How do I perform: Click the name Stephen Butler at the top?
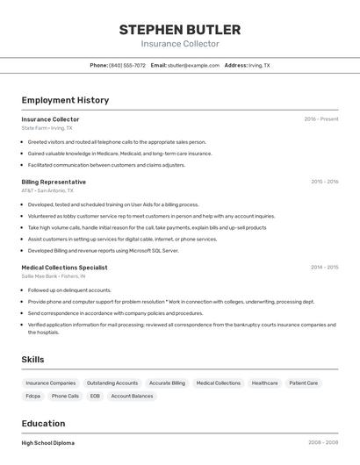click(x=180, y=30)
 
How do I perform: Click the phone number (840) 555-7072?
click(x=127, y=65)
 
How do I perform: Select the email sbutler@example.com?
click(x=193, y=65)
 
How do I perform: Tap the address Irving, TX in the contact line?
click(x=259, y=65)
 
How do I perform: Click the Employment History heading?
click(x=65, y=100)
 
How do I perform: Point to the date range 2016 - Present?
click(x=320, y=119)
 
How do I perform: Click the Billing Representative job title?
click(x=54, y=182)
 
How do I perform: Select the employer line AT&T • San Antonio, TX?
click(x=47, y=190)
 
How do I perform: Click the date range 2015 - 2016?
click(x=324, y=182)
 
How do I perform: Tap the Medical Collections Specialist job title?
click(x=64, y=267)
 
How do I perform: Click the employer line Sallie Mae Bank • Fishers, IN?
click(x=54, y=275)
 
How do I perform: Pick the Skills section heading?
click(x=32, y=360)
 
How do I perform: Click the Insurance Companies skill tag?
click(x=51, y=383)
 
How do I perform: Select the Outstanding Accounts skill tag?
click(x=112, y=383)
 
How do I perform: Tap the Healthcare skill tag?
click(x=264, y=383)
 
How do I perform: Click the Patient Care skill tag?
click(x=304, y=383)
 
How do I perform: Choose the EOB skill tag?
click(x=95, y=396)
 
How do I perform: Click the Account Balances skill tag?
click(x=131, y=396)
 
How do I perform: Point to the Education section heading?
click(x=43, y=423)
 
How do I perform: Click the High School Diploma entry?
click(x=47, y=443)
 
